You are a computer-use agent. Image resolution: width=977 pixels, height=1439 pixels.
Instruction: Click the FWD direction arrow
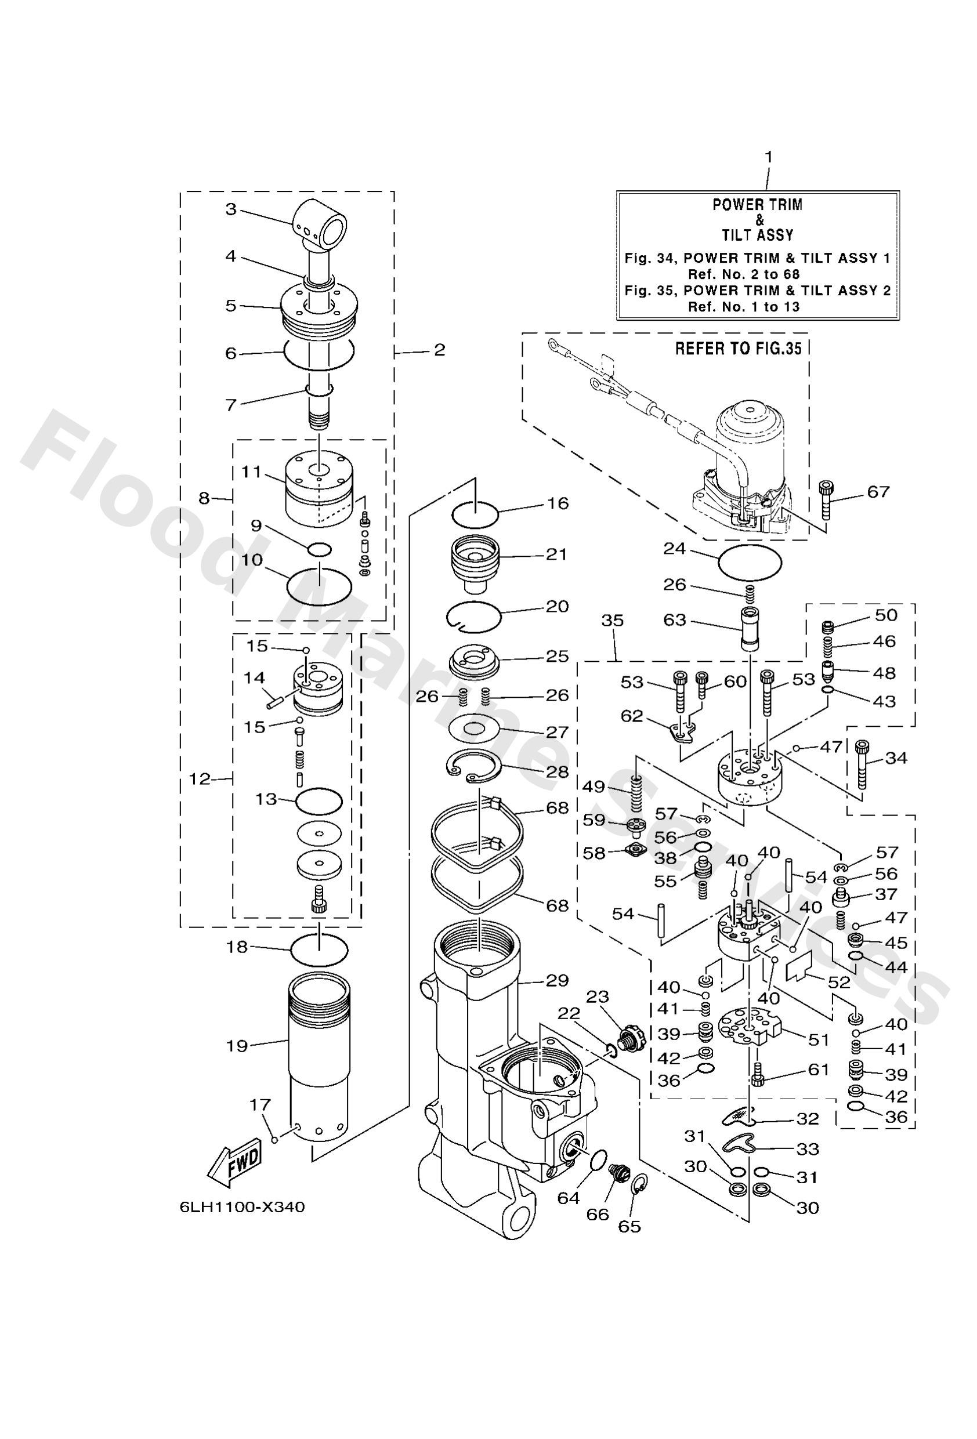[236, 1163]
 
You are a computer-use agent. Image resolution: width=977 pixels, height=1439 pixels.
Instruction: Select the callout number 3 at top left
[230, 209]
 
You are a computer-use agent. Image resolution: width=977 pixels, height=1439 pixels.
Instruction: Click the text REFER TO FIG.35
[737, 349]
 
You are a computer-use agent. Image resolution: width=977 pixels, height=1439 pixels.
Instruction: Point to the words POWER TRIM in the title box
[757, 205]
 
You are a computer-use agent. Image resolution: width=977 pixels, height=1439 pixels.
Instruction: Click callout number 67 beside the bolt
[878, 492]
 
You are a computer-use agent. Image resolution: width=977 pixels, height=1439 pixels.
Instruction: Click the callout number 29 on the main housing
[557, 980]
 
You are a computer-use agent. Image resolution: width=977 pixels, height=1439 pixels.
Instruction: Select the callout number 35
[613, 621]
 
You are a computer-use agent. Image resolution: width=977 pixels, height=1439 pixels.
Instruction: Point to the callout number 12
[200, 779]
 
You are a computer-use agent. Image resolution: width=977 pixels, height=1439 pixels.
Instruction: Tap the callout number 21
[557, 553]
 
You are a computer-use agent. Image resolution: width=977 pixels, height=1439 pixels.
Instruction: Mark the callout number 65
[629, 1226]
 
